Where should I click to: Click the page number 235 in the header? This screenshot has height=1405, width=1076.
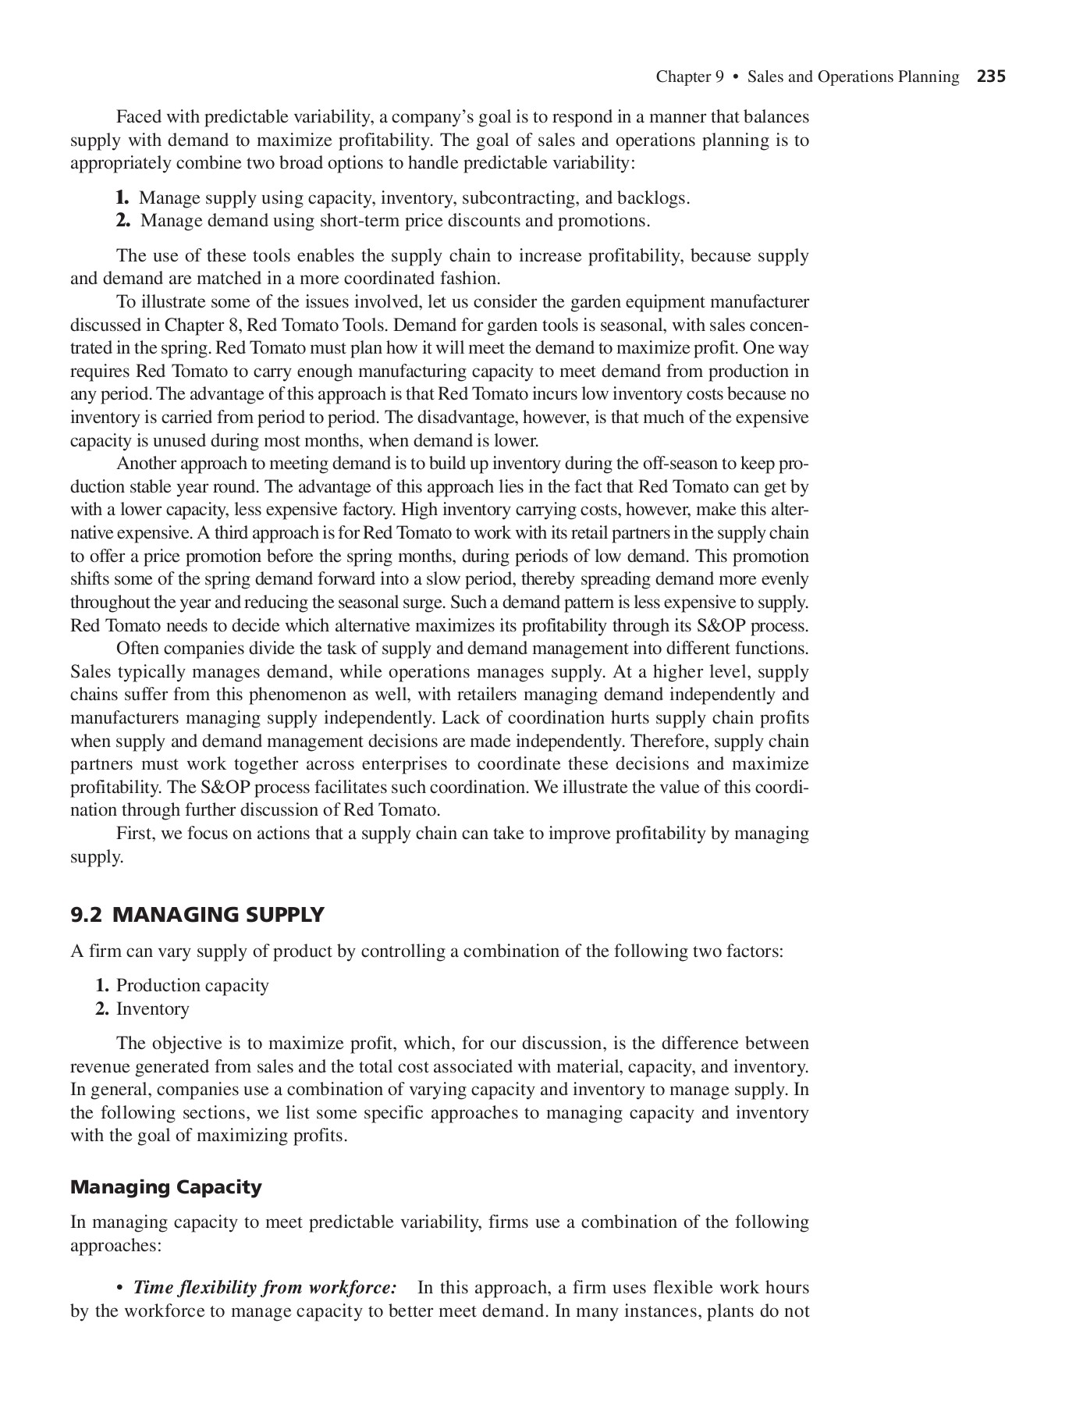(991, 76)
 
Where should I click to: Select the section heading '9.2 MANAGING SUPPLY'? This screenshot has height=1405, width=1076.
(197, 915)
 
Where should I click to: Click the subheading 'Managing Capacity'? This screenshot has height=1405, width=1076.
(165, 1187)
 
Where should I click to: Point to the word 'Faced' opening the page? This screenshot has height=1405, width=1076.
(138, 117)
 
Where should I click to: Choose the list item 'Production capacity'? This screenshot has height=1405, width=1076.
(192, 986)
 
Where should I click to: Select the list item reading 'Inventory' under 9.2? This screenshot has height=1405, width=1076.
(152, 1009)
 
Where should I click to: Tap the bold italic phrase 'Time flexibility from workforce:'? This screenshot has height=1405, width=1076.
(265, 1287)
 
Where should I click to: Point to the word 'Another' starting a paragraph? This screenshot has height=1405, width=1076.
(146, 464)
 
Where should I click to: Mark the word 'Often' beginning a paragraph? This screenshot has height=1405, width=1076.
(137, 649)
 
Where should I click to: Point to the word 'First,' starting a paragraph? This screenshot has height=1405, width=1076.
(137, 834)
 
